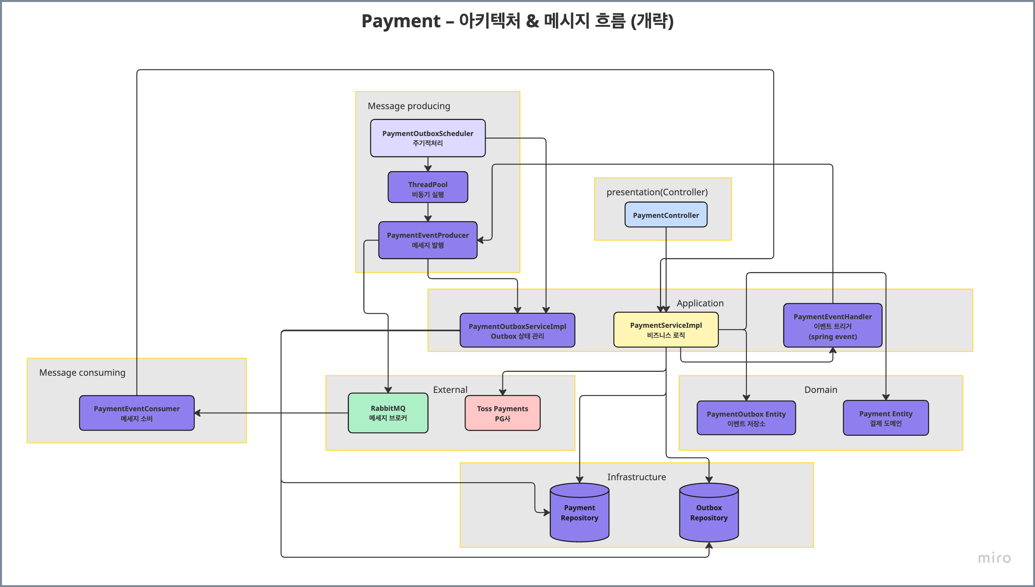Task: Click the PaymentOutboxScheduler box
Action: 428,138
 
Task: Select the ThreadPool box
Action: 428,187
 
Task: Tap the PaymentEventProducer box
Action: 428,240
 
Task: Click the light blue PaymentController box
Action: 666,215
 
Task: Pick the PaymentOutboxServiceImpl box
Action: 517,330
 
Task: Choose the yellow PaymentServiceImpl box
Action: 666,330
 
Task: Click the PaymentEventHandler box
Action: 833,326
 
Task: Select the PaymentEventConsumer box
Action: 137,413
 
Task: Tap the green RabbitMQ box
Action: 388,413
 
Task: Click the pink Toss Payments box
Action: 502,413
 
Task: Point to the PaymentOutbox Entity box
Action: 746,418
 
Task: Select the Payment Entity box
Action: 886,418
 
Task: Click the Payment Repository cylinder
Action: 579,513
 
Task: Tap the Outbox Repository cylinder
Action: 709,513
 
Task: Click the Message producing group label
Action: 409,106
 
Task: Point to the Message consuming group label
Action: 82,373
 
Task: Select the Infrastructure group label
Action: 637,477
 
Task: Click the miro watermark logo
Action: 995,558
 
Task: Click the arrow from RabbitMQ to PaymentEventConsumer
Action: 271,413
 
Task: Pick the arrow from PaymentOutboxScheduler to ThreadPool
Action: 428,164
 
